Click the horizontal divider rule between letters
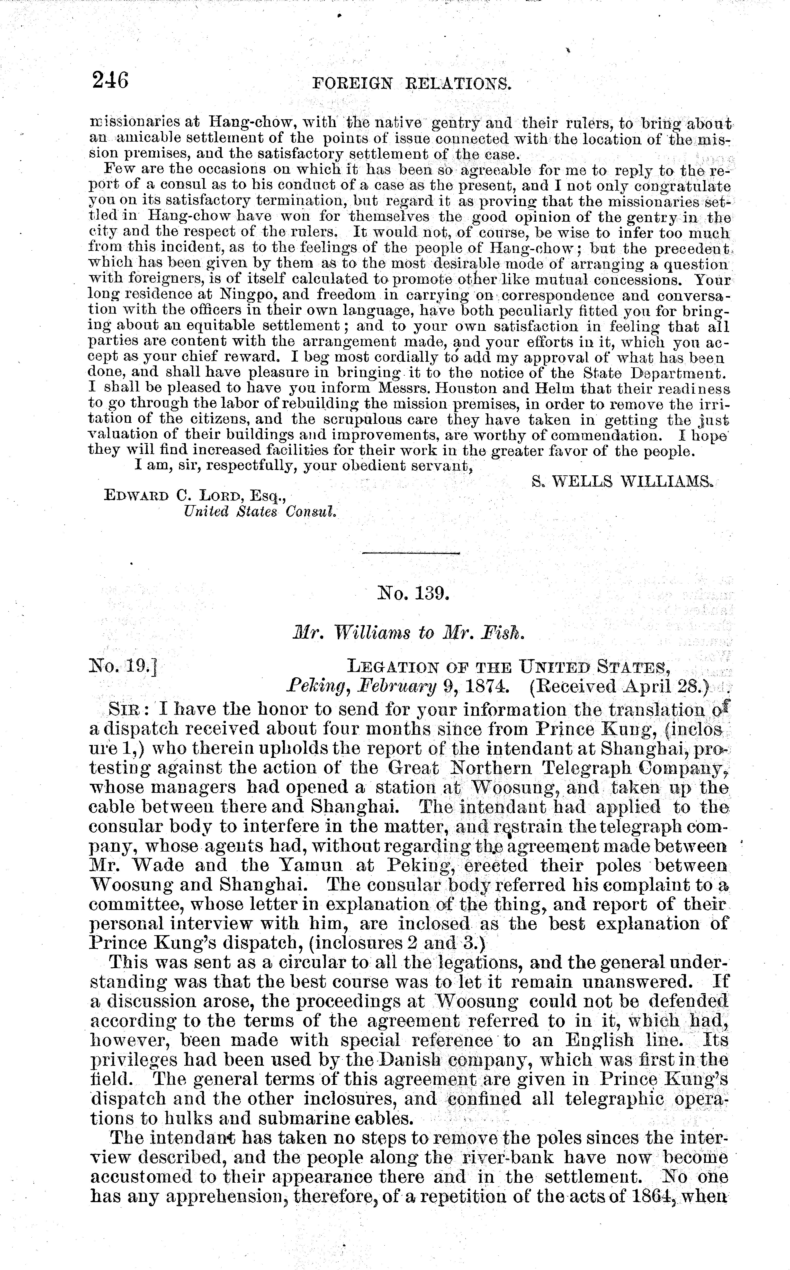(x=411, y=553)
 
